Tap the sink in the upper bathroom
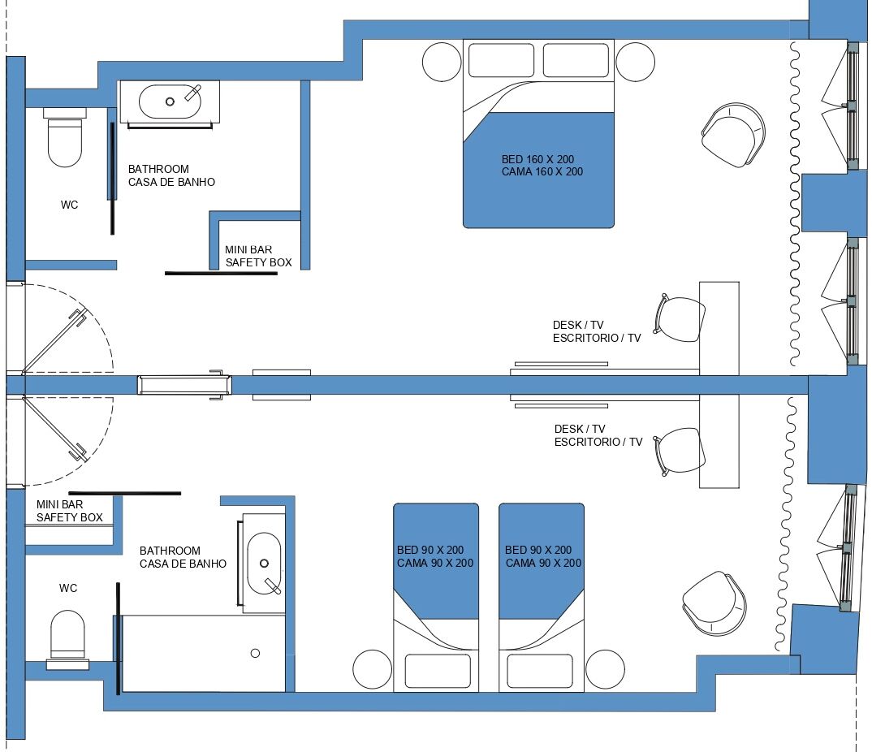pos(170,102)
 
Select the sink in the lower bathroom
pos(264,562)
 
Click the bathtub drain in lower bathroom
pos(255,653)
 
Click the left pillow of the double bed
pos(501,61)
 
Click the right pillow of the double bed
pos(576,61)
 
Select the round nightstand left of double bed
pos(442,62)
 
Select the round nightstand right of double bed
pos(635,62)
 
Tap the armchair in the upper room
pos(732,136)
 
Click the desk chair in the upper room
pos(680,319)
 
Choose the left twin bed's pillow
pos(437,671)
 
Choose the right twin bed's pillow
pos(540,671)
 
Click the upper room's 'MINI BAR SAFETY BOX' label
pos(258,257)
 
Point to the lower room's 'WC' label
pos(68,588)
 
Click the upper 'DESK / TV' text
pos(579,325)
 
